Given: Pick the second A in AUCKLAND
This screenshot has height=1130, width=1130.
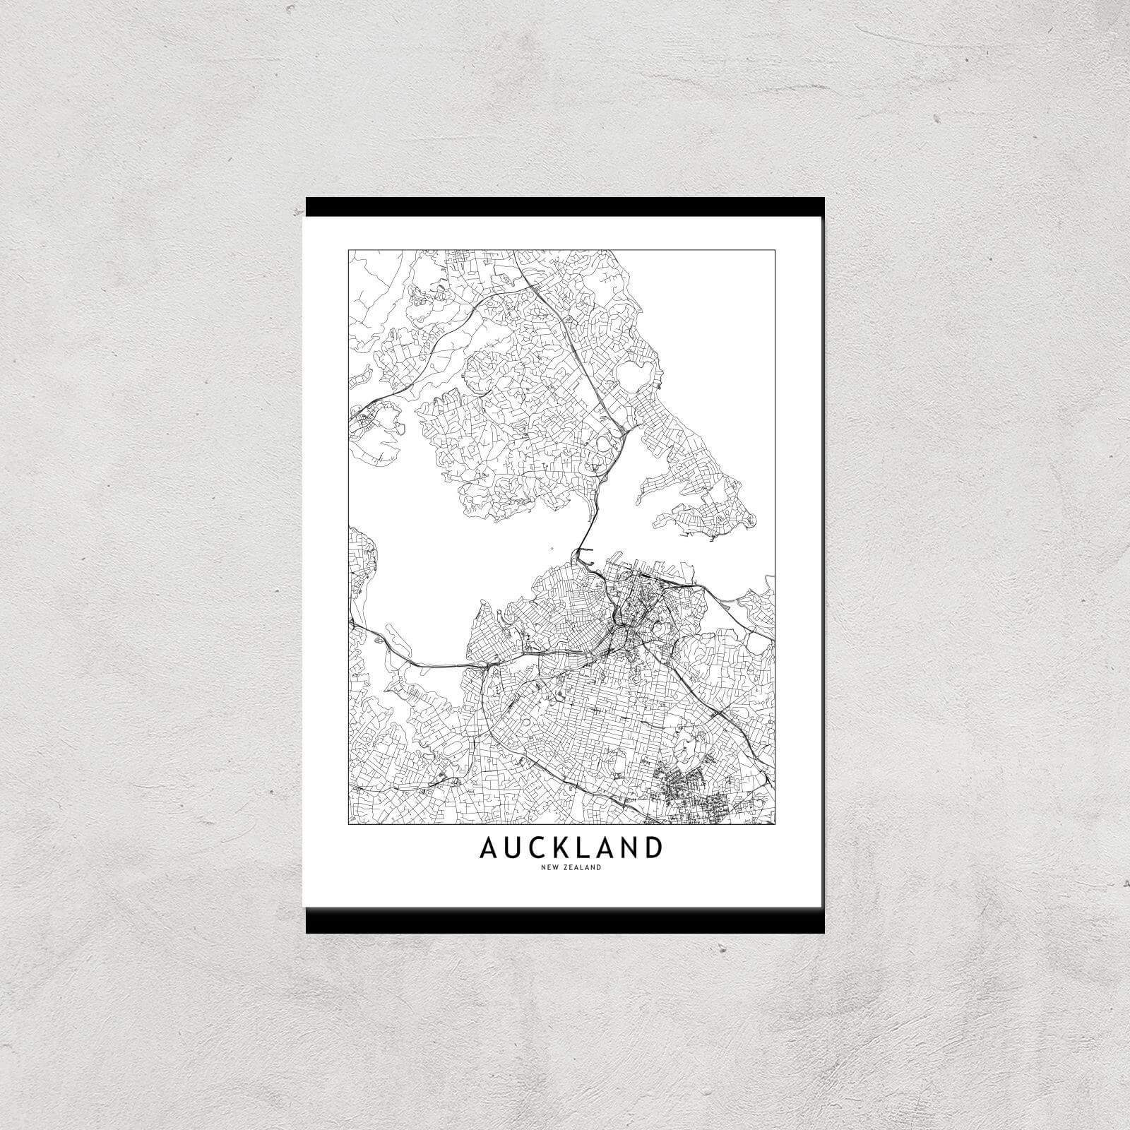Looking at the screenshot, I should [x=607, y=847].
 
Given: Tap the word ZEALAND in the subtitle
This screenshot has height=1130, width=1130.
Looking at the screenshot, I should [x=580, y=868].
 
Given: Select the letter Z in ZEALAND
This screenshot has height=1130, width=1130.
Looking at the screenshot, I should [x=562, y=868].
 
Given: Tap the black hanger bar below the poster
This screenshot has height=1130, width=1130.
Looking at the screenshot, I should [x=565, y=921].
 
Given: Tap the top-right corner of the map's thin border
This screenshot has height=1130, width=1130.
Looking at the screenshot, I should [x=775, y=249].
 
